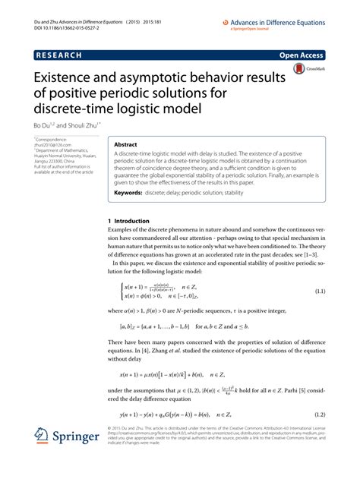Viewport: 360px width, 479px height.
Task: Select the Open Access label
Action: coord(302,55)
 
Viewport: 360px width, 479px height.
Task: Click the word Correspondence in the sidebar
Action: coord(54,141)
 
